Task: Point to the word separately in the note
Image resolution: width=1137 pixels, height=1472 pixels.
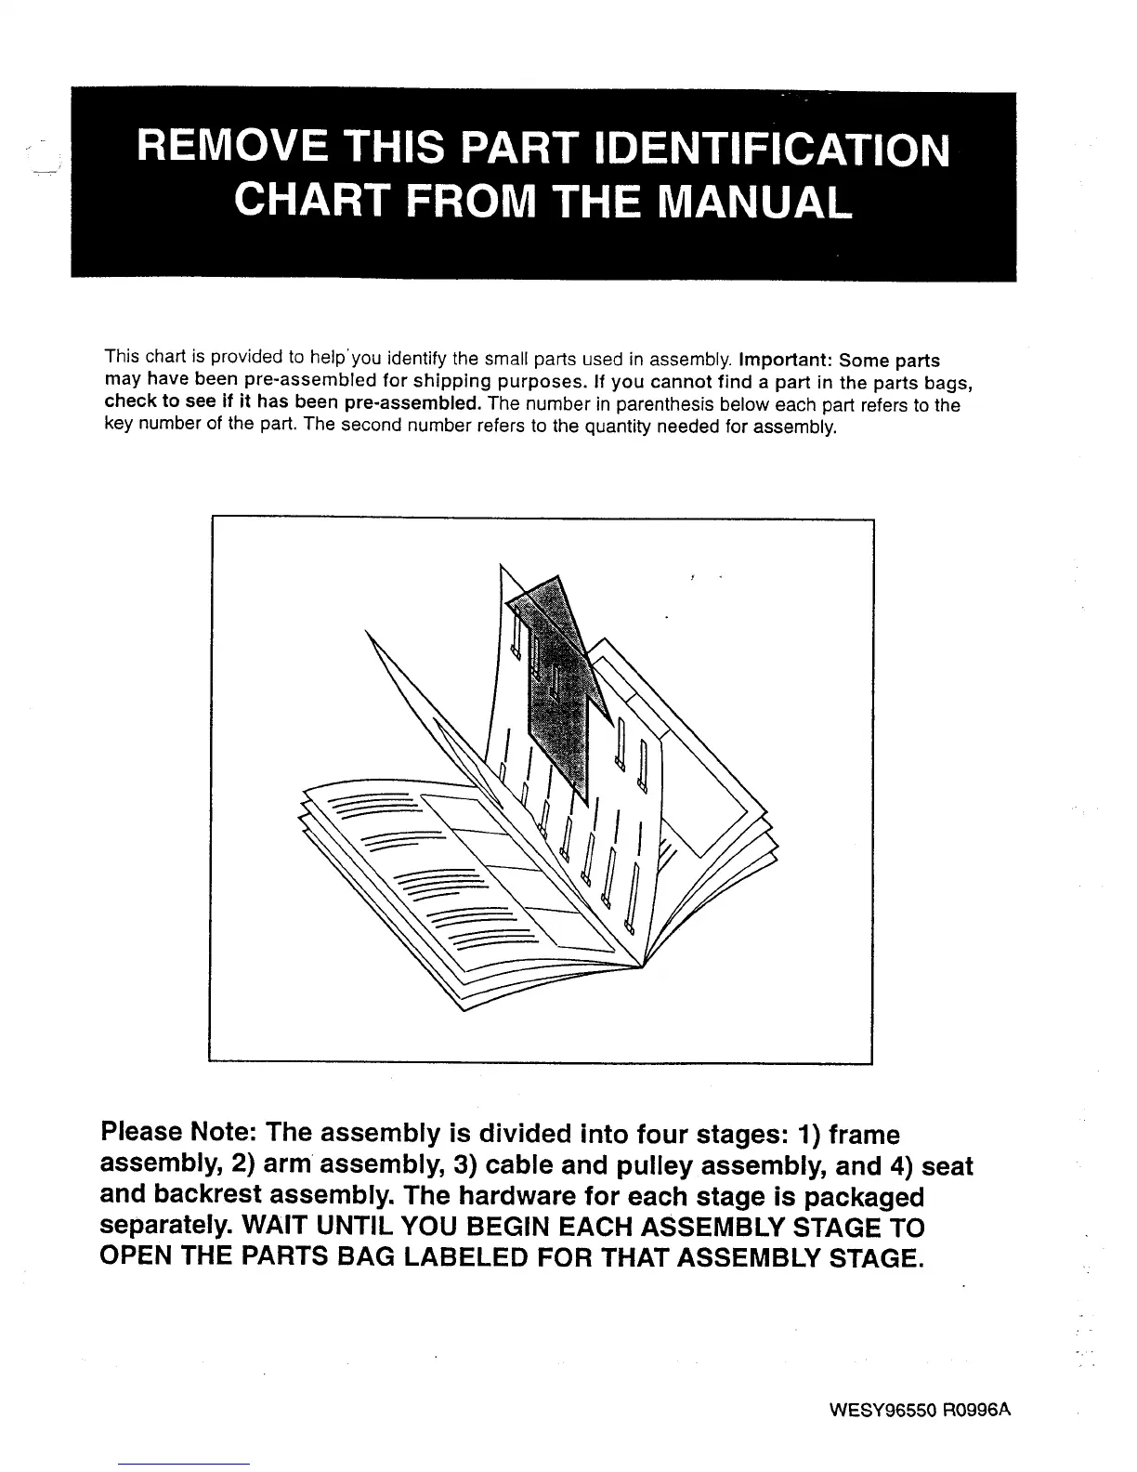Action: click(164, 1228)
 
